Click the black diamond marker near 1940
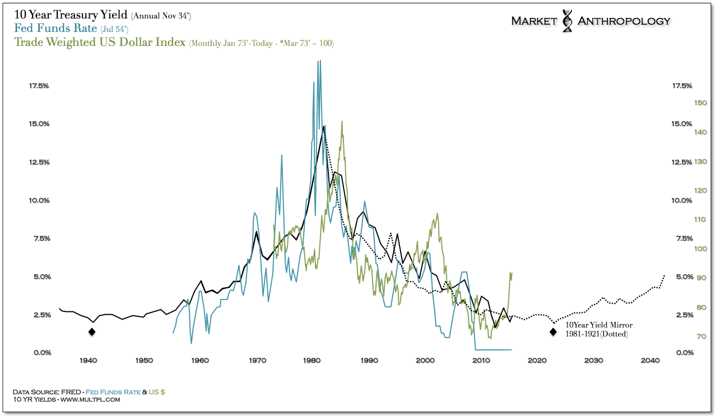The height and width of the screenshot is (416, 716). pyautogui.click(x=92, y=331)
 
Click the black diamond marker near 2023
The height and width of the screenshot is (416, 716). pyautogui.click(x=553, y=331)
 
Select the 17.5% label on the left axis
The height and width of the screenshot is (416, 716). pyautogui.click(x=39, y=86)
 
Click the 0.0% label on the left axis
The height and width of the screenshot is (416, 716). pyautogui.click(x=39, y=352)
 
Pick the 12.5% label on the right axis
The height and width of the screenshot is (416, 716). pyautogui.click(x=681, y=162)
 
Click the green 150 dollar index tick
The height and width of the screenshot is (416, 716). pyautogui.click(x=700, y=102)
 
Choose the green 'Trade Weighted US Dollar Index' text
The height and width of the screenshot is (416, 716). pyautogui.click(x=100, y=42)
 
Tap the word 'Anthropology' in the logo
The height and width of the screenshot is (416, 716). pyautogui.click(x=624, y=21)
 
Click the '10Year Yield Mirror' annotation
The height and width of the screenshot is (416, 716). pyautogui.click(x=598, y=325)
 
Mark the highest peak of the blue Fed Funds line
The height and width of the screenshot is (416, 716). pyautogui.click(x=319, y=61)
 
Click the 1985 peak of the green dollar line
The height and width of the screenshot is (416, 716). pyautogui.click(x=341, y=121)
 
